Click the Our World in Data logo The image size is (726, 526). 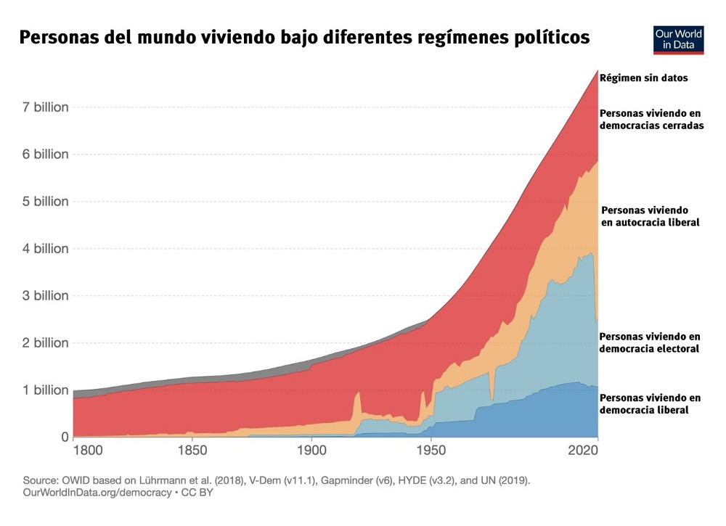tap(679, 38)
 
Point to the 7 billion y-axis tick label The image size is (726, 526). tap(45, 107)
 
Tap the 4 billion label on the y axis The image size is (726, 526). tap(45, 249)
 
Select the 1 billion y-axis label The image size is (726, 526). tap(45, 390)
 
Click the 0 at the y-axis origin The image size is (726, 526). tap(64, 437)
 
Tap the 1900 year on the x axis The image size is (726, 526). tap(311, 451)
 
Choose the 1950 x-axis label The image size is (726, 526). tap(431, 451)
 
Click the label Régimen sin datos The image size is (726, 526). tap(644, 77)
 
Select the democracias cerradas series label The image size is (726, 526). tap(651, 119)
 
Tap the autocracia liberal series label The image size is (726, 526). tap(650, 216)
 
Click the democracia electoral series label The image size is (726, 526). tap(650, 342)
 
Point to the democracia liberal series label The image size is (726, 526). tap(650, 404)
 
